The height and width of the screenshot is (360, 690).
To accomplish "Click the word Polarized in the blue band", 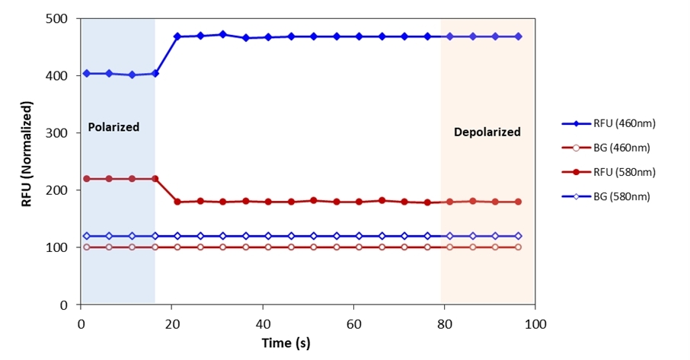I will pyautogui.click(x=113, y=127).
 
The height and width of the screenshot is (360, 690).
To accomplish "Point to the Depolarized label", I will pyautogui.click(x=487, y=132).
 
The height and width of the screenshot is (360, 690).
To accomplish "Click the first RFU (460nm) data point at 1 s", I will pyautogui.click(x=86, y=73).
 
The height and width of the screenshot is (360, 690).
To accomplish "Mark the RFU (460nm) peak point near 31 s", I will pyautogui.click(x=222, y=34).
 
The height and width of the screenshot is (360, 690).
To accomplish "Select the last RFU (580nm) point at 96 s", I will pyautogui.click(x=518, y=202).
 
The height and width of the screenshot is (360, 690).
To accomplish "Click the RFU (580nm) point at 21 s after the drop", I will pyautogui.click(x=177, y=202).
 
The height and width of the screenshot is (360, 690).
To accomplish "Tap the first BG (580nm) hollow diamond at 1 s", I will pyautogui.click(x=86, y=236).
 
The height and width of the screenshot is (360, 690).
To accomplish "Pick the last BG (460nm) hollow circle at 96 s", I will pyautogui.click(x=518, y=247).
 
